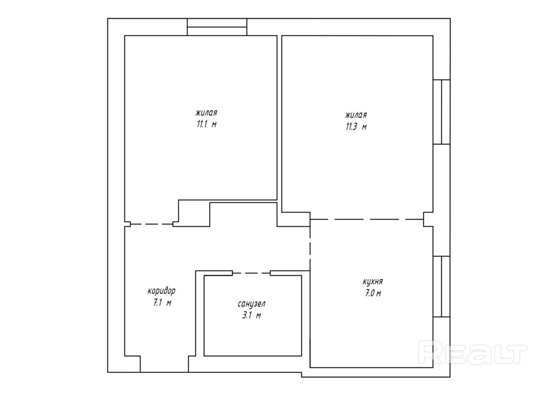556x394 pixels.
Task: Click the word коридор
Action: [x=161, y=291]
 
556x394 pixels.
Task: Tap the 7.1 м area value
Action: [x=162, y=303]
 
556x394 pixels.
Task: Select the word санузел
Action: [x=251, y=304]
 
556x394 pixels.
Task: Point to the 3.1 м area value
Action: [x=251, y=316]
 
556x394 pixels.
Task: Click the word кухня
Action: [x=373, y=282]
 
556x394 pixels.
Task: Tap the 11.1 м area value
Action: [x=207, y=125]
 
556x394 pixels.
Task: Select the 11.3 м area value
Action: [x=356, y=127]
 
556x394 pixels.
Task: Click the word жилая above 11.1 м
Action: [x=206, y=113]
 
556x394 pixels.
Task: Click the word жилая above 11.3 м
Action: [x=356, y=115]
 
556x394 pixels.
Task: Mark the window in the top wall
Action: [x=217, y=27]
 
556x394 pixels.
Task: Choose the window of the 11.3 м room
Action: [x=441, y=111]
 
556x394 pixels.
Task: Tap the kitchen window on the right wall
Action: [x=441, y=286]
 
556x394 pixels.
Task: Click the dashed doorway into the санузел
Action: [x=251, y=273]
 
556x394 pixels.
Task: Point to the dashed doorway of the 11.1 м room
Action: [x=152, y=224]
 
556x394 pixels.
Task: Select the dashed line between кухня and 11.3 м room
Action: [x=367, y=219]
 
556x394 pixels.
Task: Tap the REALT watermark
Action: [x=472, y=352]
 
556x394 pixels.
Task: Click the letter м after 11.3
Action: [x=364, y=127]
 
